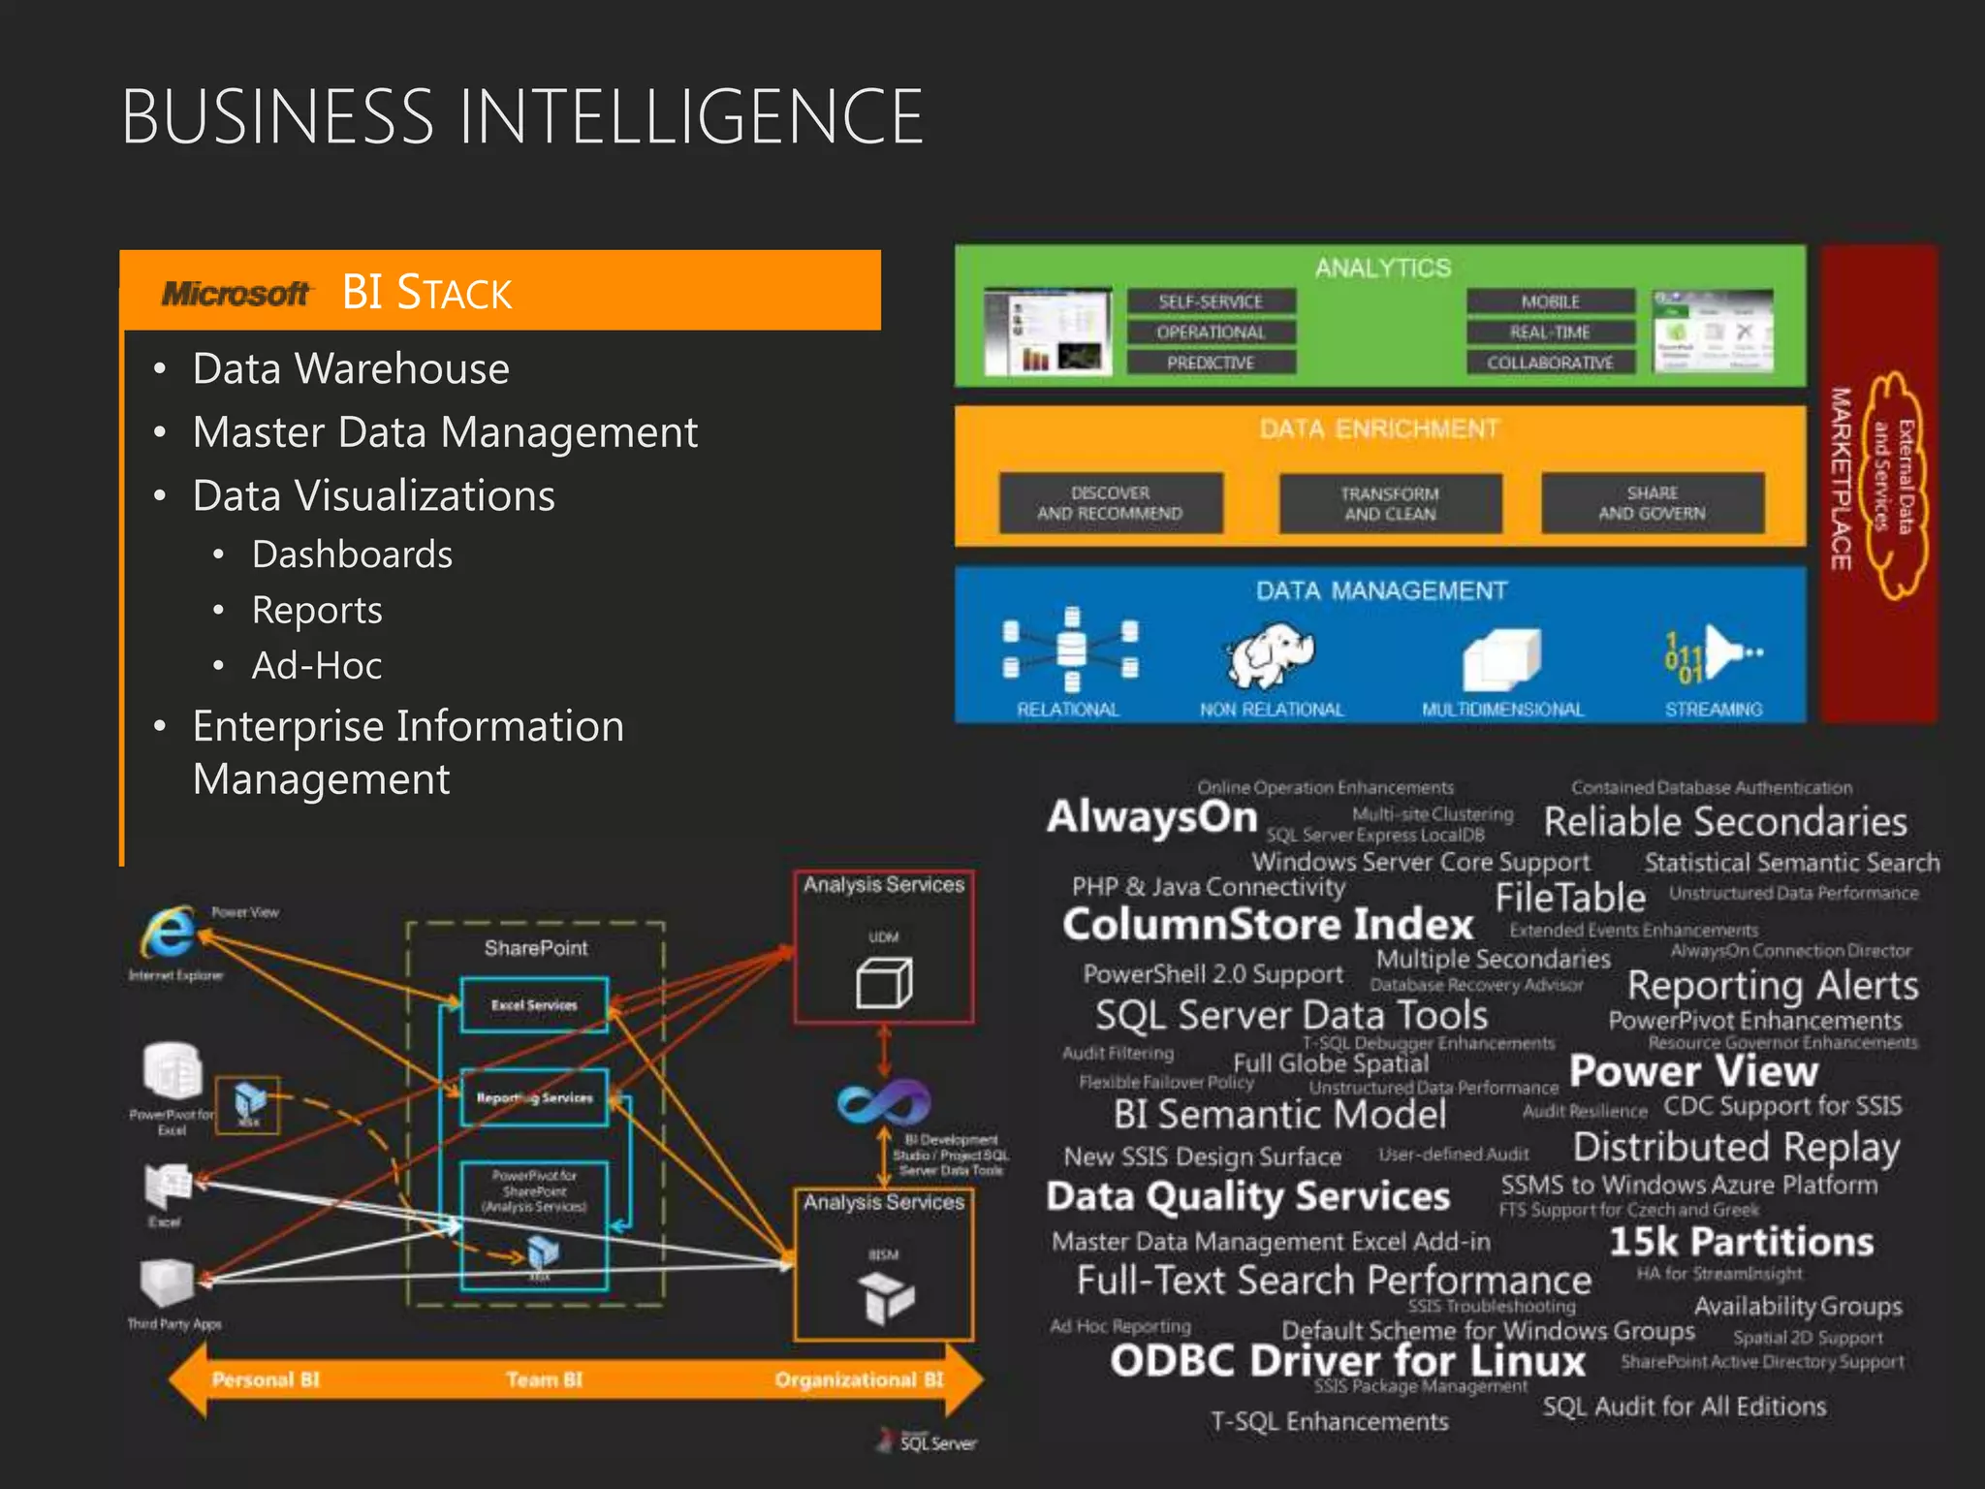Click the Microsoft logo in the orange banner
pyautogui.click(x=236, y=293)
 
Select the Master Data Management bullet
pyautogui.click(x=444, y=432)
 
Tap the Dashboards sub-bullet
pyautogui.click(x=352, y=554)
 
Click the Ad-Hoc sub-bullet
pyautogui.click(x=316, y=666)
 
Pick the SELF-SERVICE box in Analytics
pyautogui.click(x=1211, y=302)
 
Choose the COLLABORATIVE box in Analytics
pyautogui.click(x=1550, y=363)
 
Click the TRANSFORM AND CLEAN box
pyautogui.click(x=1390, y=503)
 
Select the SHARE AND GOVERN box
pyautogui.click(x=1652, y=503)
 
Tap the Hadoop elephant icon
pyautogui.click(x=1270, y=654)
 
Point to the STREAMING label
pyautogui.click(x=1714, y=710)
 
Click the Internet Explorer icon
pyautogui.click(x=171, y=933)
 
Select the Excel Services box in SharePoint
pyautogui.click(x=534, y=1005)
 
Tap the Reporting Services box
pyautogui.click(x=534, y=1097)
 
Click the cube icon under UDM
pyautogui.click(x=884, y=983)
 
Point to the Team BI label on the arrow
pyautogui.click(x=544, y=1379)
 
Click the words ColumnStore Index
pyautogui.click(x=1268, y=924)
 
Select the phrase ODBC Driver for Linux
pyautogui.click(x=1347, y=1361)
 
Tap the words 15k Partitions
pyautogui.click(x=1741, y=1242)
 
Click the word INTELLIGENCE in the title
pyautogui.click(x=690, y=117)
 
